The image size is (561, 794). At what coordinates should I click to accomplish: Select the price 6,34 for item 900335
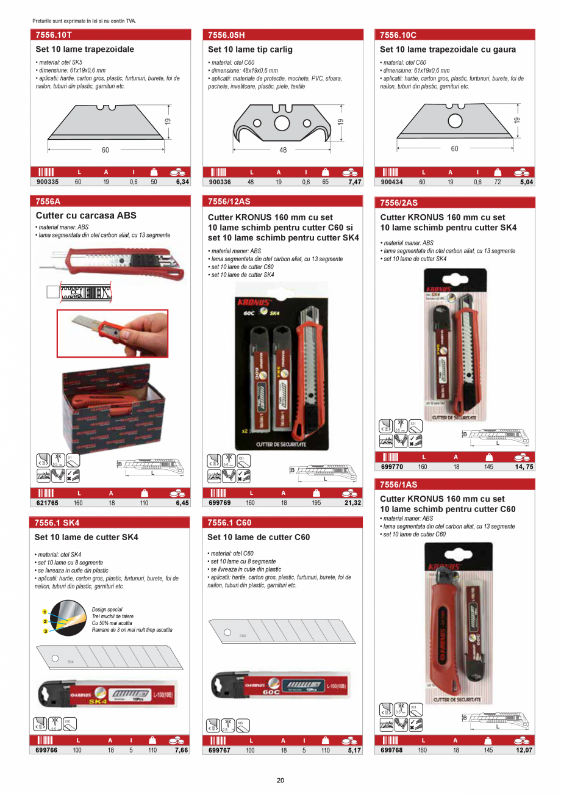click(x=182, y=181)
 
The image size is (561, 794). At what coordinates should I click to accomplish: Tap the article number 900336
click(x=220, y=181)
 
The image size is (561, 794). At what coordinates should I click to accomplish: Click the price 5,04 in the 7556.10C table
click(x=526, y=182)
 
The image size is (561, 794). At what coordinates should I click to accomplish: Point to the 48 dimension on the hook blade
click(x=283, y=150)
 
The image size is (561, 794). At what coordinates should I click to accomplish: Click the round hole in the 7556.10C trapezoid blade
click(x=454, y=120)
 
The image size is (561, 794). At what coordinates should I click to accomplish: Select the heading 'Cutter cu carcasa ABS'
click(x=86, y=215)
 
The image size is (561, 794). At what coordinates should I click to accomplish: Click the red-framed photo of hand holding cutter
click(x=112, y=333)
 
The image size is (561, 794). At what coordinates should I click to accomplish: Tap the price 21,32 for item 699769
click(x=352, y=503)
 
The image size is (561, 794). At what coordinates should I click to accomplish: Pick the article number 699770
click(x=391, y=466)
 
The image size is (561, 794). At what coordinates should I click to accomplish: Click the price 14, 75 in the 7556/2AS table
click(x=524, y=466)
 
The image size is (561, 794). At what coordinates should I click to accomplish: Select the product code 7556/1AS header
click(x=399, y=485)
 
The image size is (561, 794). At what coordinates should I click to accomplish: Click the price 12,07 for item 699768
click(x=524, y=750)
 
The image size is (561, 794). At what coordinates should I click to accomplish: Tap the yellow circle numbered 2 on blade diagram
click(x=45, y=621)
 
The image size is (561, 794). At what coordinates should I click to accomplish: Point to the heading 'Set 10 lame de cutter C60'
click(x=259, y=537)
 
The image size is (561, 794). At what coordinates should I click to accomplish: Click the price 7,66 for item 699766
click(x=181, y=750)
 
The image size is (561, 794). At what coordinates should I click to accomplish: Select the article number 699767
click(x=220, y=750)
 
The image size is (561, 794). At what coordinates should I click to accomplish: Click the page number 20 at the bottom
click(x=280, y=780)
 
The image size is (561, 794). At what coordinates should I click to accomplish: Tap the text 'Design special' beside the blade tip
click(x=107, y=609)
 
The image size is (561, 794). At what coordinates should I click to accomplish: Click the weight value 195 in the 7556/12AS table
click(x=317, y=503)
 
